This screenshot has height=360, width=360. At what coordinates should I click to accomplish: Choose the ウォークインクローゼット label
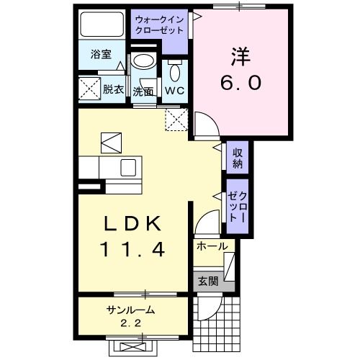coord(159,27)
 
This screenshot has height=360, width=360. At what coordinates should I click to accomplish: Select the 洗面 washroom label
coord(143,91)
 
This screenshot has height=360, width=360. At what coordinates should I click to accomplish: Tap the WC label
coord(174,91)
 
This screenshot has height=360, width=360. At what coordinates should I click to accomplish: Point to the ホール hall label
coord(212,246)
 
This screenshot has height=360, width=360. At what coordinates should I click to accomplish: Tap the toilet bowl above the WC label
coord(175,72)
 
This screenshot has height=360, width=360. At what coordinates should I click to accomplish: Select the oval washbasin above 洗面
coord(143,61)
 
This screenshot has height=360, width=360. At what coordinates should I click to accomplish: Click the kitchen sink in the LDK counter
coord(127,168)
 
